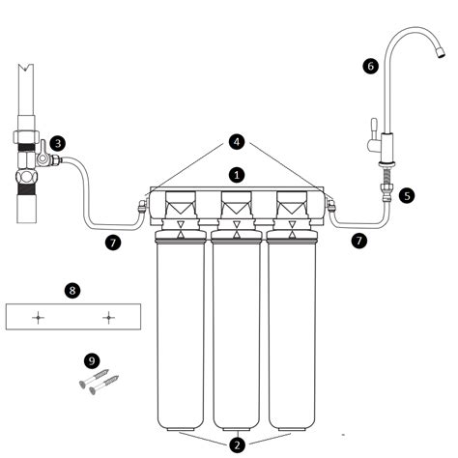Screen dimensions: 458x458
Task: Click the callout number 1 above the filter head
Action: (237, 175)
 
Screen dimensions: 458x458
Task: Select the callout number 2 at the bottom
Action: (238, 445)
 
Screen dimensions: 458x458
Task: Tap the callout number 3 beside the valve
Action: (58, 143)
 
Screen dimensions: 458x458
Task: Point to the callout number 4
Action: (237, 142)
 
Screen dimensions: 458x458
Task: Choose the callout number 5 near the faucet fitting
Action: (407, 196)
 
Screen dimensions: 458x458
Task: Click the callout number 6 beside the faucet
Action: (370, 66)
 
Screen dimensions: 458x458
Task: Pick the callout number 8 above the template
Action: (72, 291)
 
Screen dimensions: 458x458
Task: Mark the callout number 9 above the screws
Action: (92, 360)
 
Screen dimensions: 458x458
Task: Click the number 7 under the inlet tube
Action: (113, 243)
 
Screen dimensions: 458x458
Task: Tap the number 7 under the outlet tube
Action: (359, 241)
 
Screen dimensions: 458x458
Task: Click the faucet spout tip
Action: (441, 53)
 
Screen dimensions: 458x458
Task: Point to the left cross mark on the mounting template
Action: (38, 318)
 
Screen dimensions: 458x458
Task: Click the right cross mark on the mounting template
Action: (109, 318)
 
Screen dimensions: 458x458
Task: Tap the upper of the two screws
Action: (94, 378)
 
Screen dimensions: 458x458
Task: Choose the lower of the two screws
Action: (104, 385)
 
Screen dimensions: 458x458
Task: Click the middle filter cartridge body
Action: (237, 336)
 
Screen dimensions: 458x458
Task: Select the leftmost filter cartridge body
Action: (181, 336)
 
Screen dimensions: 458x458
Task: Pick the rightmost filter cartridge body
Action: (292, 336)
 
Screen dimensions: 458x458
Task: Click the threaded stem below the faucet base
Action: (386, 176)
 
